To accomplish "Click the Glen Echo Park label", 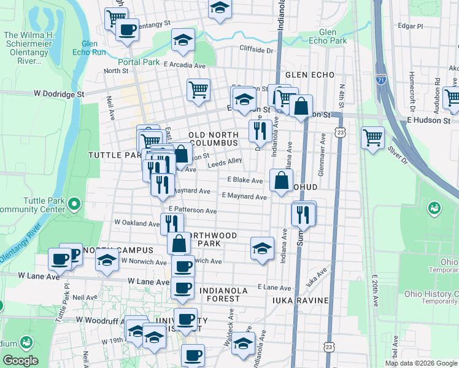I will [336, 37].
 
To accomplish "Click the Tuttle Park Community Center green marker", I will [74, 202].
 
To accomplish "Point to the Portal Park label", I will [139, 62].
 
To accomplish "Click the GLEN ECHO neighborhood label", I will [309, 75].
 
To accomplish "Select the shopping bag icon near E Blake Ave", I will [280, 180].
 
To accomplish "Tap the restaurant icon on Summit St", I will [303, 213].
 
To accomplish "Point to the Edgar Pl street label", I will [411, 27].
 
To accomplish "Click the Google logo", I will [20, 361].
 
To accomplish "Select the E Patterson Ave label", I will [188, 210].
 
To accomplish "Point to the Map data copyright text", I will [421, 363].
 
